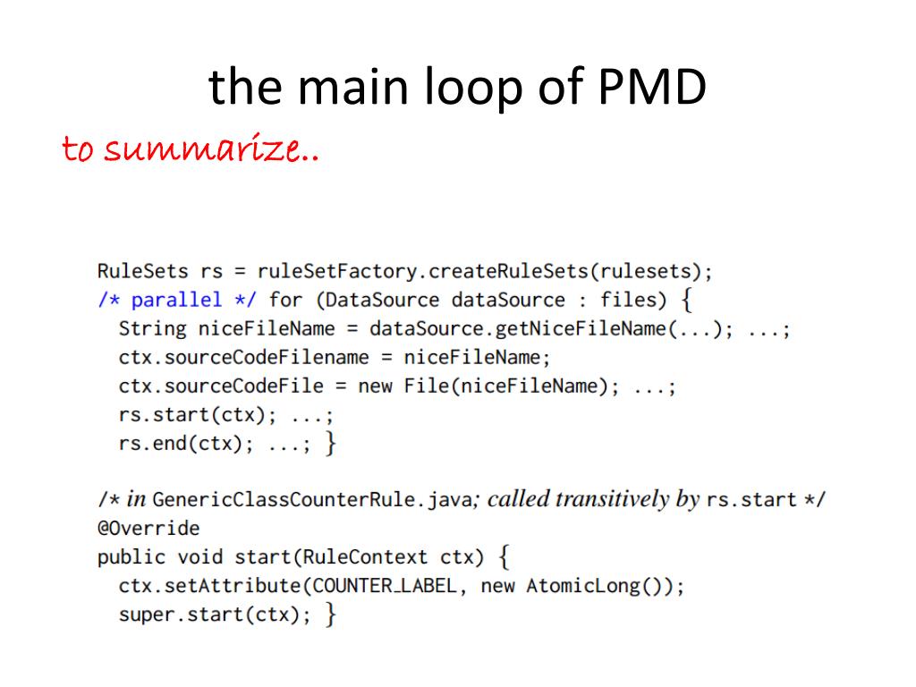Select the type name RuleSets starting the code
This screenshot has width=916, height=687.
tap(142, 270)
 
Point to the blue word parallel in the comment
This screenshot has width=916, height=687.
tap(175, 299)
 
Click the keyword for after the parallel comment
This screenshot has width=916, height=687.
tap(285, 299)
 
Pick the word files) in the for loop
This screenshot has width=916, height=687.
tap(633, 299)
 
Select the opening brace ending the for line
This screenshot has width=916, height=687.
tap(686, 299)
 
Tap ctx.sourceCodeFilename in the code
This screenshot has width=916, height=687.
tap(243, 358)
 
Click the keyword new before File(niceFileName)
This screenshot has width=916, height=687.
tap(375, 387)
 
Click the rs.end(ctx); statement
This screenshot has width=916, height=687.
tap(180, 445)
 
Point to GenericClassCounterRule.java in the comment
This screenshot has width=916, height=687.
tap(311, 499)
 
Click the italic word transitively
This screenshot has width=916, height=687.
tap(613, 499)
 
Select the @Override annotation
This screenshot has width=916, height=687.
tap(148, 528)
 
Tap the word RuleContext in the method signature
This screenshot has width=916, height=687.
tap(365, 557)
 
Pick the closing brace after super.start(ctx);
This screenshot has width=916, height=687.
tap(330, 615)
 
